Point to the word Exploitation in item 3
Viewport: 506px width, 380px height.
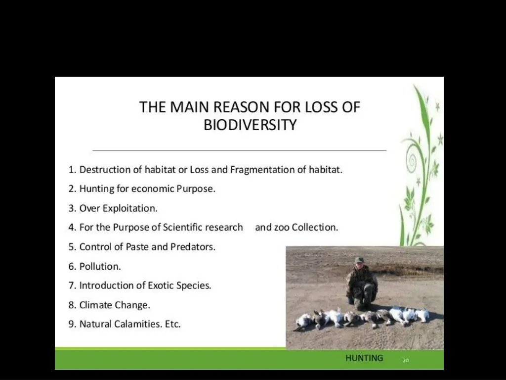[130, 208]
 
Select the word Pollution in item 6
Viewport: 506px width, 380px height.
[100, 266]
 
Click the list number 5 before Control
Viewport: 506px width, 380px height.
[72, 247]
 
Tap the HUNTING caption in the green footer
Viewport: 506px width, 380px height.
[364, 358]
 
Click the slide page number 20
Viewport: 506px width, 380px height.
[406, 361]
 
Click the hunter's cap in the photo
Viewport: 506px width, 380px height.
[359, 260]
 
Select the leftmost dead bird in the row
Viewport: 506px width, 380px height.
[303, 322]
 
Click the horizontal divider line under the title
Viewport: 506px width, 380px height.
[239, 149]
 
